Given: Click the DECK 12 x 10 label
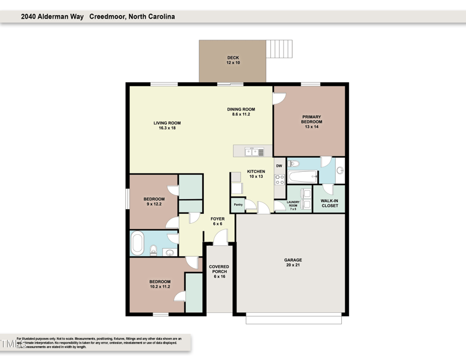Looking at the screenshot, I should [x=233, y=60].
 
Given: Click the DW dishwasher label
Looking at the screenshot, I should [x=279, y=166].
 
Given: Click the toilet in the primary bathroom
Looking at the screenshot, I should [x=294, y=164].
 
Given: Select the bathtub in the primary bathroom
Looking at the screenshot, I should [x=302, y=176].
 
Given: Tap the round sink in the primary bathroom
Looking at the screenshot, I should [x=340, y=171].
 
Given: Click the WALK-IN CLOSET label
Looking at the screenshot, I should [x=329, y=203].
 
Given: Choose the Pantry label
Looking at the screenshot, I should [x=238, y=204].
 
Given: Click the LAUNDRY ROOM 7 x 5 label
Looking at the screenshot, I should [x=292, y=205].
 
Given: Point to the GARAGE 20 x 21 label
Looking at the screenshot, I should [x=293, y=263].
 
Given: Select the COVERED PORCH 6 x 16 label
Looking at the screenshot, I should [x=219, y=271].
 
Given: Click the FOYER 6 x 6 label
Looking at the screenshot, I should [x=217, y=221].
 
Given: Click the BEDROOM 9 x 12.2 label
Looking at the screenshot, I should [x=154, y=202].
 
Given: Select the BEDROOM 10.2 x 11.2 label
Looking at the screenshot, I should [x=160, y=284].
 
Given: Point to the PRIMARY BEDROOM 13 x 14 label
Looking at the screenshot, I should [x=311, y=121].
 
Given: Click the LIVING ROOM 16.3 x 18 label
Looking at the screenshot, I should [x=167, y=125].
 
